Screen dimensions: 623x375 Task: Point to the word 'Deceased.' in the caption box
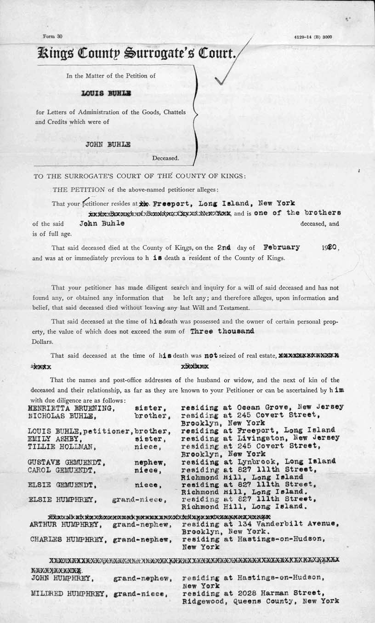[166, 158]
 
